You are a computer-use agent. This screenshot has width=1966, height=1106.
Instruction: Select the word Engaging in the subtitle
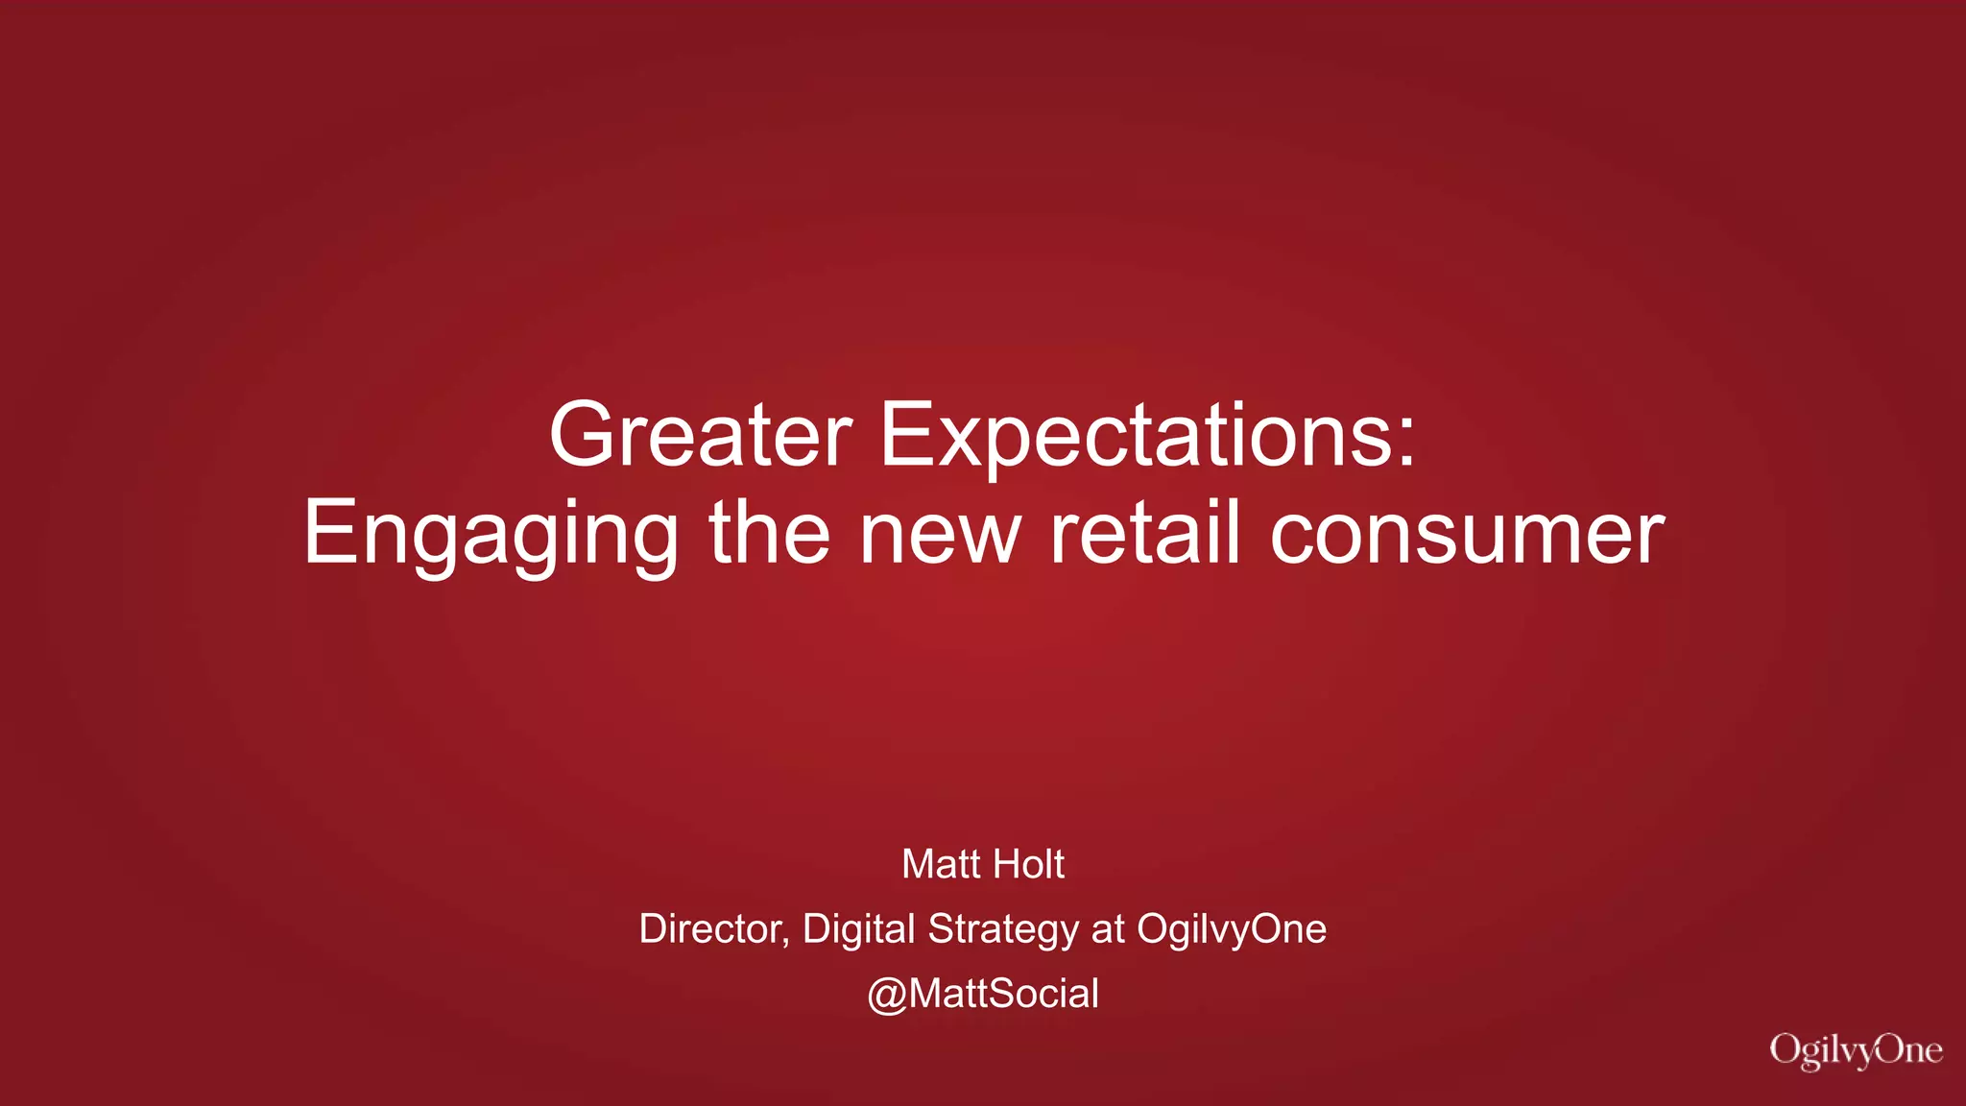pyautogui.click(x=491, y=535)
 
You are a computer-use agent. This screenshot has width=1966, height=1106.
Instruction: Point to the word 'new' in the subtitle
pyautogui.click(x=940, y=535)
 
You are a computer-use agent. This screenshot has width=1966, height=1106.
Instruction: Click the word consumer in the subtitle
pyautogui.click(x=1467, y=535)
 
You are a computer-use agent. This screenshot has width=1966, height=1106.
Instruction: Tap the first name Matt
pyautogui.click(x=940, y=864)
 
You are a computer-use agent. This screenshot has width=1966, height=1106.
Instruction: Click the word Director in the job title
pyautogui.click(x=710, y=928)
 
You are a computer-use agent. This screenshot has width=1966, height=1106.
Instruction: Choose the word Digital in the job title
pyautogui.click(x=858, y=928)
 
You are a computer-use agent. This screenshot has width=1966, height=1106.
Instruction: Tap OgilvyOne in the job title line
pyautogui.click(x=1232, y=929)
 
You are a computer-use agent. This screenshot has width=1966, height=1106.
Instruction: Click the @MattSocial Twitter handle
pyautogui.click(x=983, y=994)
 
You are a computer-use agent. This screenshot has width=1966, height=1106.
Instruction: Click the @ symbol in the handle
pyautogui.click(x=886, y=995)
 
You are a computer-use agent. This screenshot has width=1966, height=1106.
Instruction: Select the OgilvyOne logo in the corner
pyautogui.click(x=1856, y=1050)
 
